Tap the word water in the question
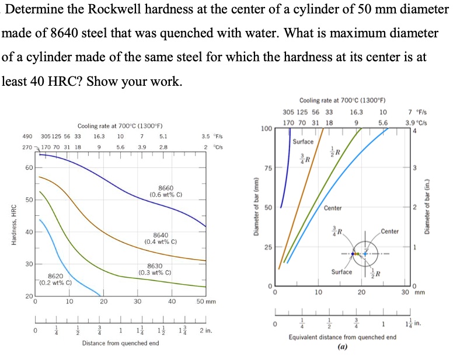pyautogui.click(x=254, y=33)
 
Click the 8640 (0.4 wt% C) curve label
pyautogui.click(x=161, y=237)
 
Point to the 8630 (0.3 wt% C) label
pyautogui.click(x=155, y=269)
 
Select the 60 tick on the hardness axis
pyautogui.click(x=29, y=168)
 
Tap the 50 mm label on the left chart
pyautogui.click(x=206, y=302)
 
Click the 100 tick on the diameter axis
pyautogui.click(x=266, y=128)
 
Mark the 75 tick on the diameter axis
pyautogui.click(x=268, y=168)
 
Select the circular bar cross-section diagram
pyautogui.click(x=365, y=253)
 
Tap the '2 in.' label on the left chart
pyautogui.click(x=205, y=331)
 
